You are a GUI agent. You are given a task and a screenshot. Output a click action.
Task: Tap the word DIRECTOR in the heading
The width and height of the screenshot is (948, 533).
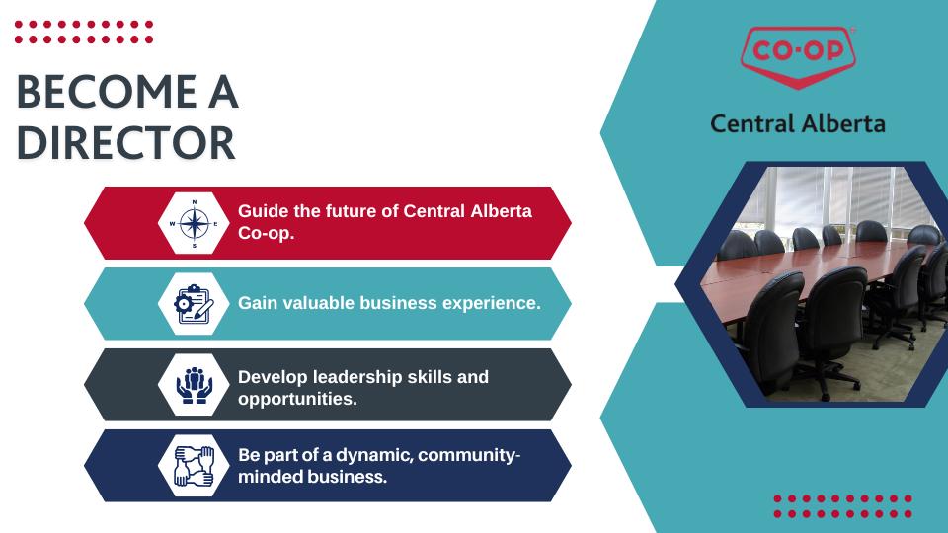click(x=125, y=143)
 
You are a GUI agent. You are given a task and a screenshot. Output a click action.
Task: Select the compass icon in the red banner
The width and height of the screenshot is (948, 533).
click(x=195, y=224)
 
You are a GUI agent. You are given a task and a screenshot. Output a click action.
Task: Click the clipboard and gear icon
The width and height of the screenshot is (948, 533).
click(x=195, y=304)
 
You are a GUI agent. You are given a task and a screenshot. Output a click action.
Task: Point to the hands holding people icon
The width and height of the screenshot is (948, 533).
click(x=195, y=385)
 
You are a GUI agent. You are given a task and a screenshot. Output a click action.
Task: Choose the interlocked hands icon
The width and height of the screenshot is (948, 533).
click(x=195, y=466)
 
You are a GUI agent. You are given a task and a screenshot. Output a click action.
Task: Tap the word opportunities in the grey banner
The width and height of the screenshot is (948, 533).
click(x=297, y=400)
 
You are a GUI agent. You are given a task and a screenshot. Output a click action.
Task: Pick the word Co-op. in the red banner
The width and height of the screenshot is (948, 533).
click(x=266, y=234)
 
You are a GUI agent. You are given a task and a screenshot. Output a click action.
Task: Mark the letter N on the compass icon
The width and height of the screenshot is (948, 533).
click(x=195, y=202)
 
